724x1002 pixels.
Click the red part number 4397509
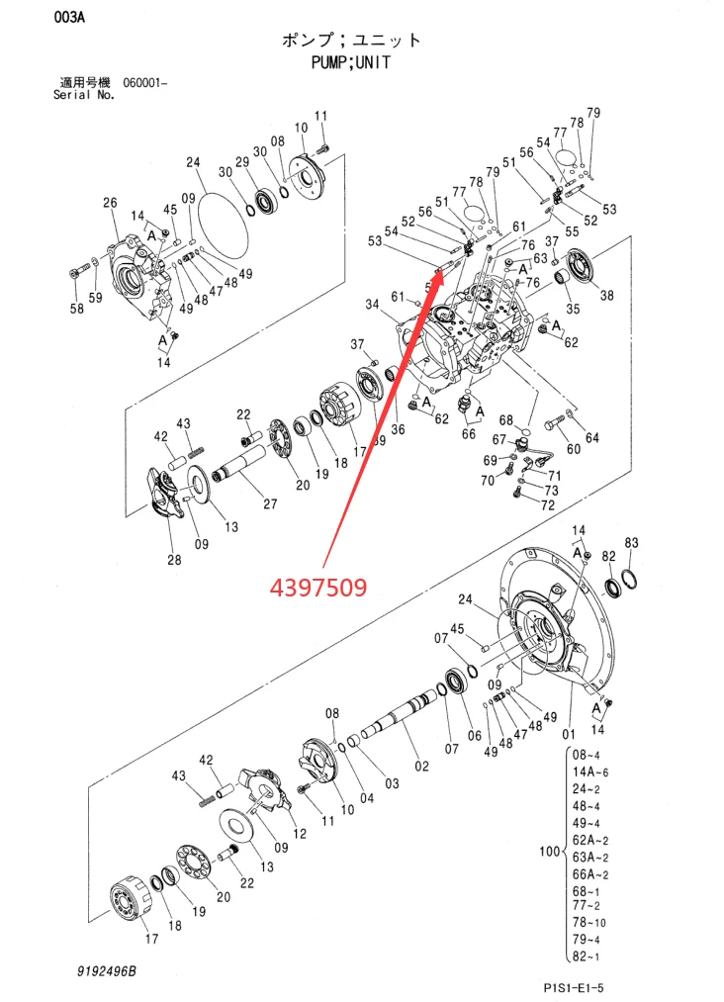coord(319,587)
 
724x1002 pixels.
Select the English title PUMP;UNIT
coord(352,61)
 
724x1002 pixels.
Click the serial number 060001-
coord(145,82)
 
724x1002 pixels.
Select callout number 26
coord(110,203)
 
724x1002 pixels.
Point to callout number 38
coord(606,295)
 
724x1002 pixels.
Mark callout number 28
coord(174,560)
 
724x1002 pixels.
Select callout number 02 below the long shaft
coord(422,766)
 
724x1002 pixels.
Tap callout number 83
coord(632,543)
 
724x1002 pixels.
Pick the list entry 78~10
coord(588,922)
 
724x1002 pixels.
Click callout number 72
coord(547,504)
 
